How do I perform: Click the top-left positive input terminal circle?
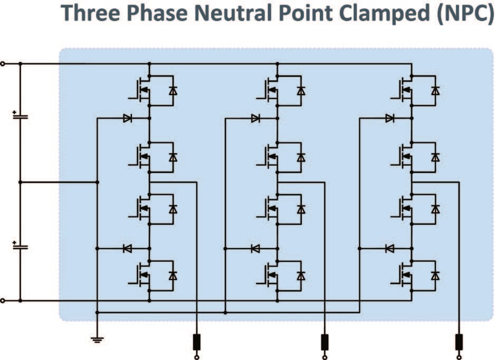tap(3, 64)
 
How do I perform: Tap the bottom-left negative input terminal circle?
tap(3, 301)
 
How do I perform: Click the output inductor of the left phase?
tap(197, 342)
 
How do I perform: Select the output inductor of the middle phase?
tap(325, 342)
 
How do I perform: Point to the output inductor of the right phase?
tap(459, 342)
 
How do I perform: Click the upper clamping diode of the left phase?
tap(127, 118)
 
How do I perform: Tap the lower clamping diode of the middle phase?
tap(255, 248)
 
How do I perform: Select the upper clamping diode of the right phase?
tap(389, 118)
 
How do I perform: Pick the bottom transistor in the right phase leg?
tap(404, 276)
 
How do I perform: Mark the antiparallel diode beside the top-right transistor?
tap(435, 91)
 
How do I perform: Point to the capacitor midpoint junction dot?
tap(20, 182)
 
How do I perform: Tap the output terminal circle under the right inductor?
tap(459, 357)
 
